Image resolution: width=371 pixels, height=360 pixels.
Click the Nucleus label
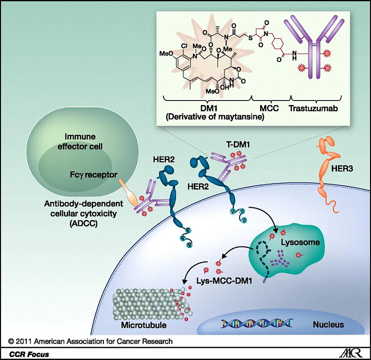tap(328, 325)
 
